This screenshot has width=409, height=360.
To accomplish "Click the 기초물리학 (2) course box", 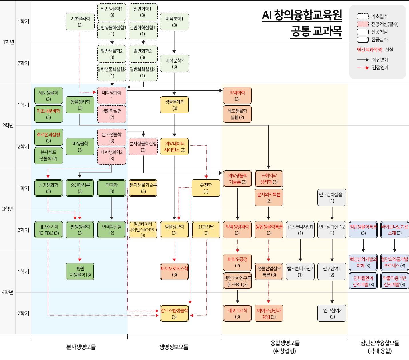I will (80, 22).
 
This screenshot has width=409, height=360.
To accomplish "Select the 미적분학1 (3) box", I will (174, 22).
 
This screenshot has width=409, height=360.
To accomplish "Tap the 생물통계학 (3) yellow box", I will (174, 105).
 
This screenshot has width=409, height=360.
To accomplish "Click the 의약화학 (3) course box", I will (237, 96).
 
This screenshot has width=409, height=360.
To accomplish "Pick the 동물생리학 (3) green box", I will (80, 105).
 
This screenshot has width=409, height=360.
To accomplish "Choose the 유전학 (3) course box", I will (206, 188).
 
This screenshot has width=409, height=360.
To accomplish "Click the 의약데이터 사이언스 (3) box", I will (174, 147).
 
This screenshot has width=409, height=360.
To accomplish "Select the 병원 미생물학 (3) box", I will (80, 271).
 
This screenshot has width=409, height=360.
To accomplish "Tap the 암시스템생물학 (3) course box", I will (174, 313).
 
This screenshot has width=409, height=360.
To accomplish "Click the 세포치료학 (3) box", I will (237, 313).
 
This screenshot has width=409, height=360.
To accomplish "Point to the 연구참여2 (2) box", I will (332, 313).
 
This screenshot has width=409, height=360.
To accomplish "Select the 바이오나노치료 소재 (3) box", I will (395, 230).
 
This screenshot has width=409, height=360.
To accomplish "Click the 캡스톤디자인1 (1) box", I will (300, 230).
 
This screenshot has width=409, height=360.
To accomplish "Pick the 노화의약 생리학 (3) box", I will (269, 179).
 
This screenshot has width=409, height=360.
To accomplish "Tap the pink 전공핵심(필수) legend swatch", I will (363, 24).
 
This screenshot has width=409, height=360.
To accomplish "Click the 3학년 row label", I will (8, 209).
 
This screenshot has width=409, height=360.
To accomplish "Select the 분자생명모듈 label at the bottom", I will (81, 347).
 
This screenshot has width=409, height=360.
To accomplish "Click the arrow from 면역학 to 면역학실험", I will (112, 209).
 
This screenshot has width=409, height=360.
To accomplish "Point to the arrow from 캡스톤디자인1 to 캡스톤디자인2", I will (300, 250).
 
